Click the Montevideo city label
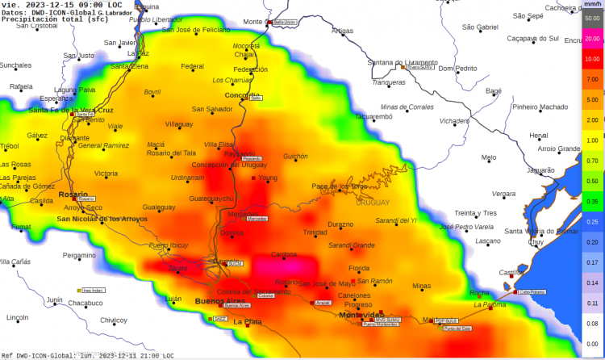361,314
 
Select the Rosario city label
73,194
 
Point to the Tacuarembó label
373,116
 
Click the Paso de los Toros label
339,186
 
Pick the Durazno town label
340,224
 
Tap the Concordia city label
242,94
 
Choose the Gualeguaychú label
211,198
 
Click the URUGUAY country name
371,203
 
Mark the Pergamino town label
79,255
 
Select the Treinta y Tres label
475,213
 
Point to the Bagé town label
494,91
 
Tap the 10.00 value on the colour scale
592,59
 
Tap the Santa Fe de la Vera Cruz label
71,110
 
